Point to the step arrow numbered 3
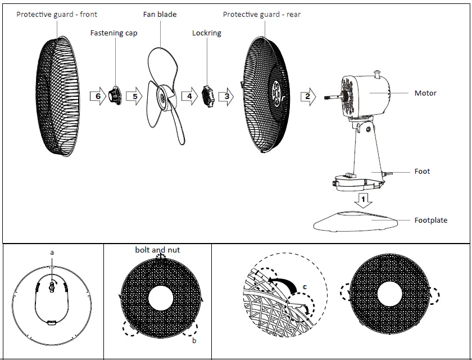pyautogui.click(x=226, y=96)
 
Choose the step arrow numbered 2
pyautogui.click(x=307, y=96)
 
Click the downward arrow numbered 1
pyautogui.click(x=364, y=199)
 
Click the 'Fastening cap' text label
pyautogui.click(x=114, y=33)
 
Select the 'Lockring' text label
pyautogui.click(x=207, y=33)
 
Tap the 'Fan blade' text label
pyautogui.click(x=160, y=14)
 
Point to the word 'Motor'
pyautogui.click(x=425, y=93)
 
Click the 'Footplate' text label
pyautogui.click(x=431, y=220)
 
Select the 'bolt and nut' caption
pyautogui.click(x=157, y=249)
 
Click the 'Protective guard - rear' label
pyautogui.click(x=262, y=14)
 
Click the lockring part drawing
pyautogui.click(x=208, y=96)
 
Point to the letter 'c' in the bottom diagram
pyautogui.click(x=304, y=287)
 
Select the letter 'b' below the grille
pyautogui.click(x=194, y=341)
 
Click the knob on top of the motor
pyautogui.click(x=378, y=73)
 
